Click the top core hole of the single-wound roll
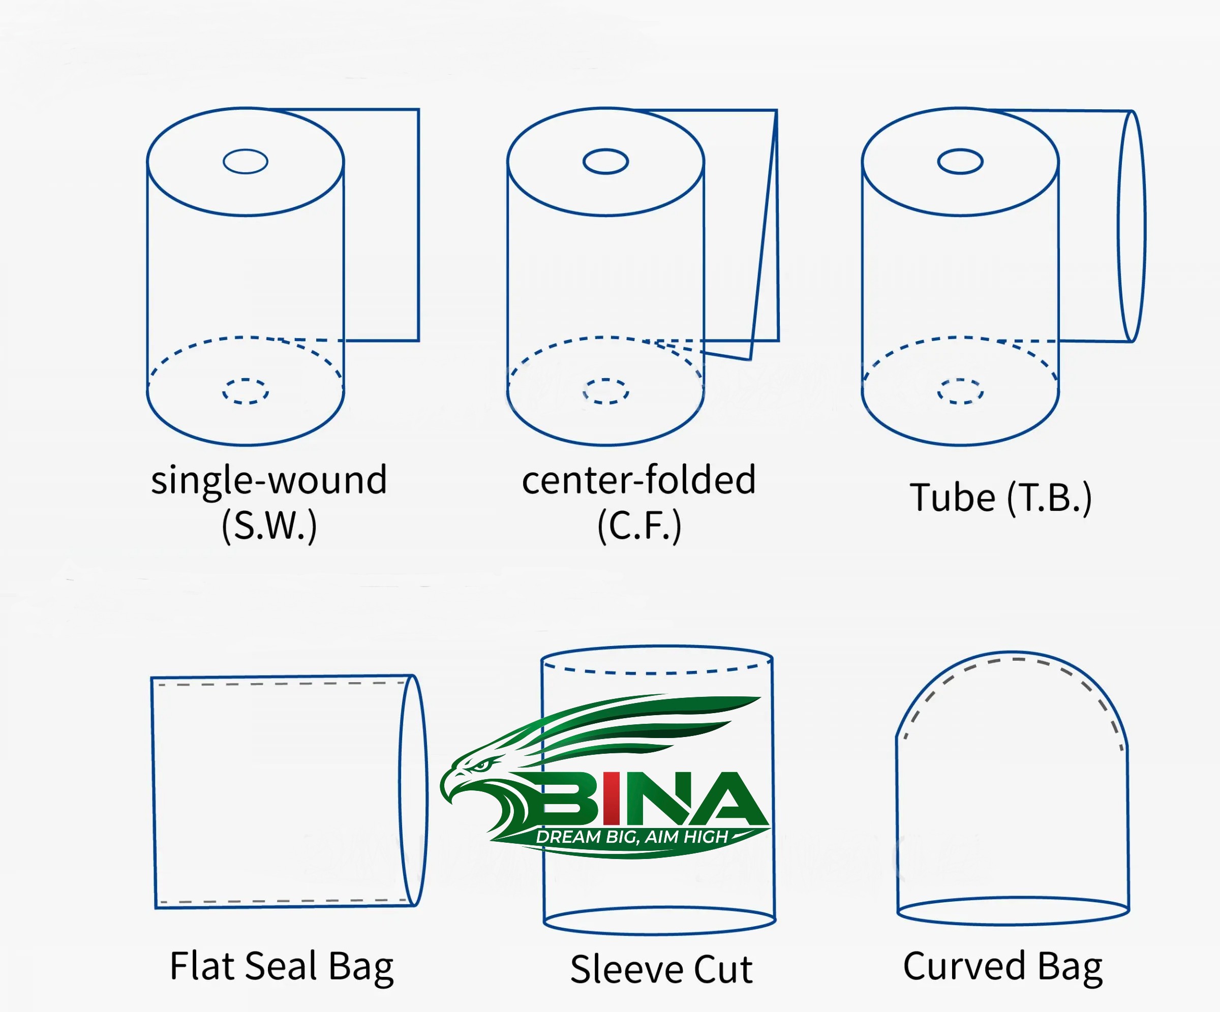(x=245, y=162)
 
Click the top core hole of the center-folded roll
(x=605, y=162)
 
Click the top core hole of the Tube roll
(x=960, y=162)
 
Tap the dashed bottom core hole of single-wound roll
(x=245, y=391)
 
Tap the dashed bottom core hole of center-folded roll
(x=606, y=391)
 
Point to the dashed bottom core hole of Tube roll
(x=960, y=391)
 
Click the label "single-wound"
(x=269, y=480)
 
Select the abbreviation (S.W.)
(x=269, y=526)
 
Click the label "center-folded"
(x=639, y=480)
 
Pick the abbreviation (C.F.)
(x=639, y=526)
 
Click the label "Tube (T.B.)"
(x=1000, y=498)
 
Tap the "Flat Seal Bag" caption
(x=282, y=966)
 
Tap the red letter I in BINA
(x=611, y=798)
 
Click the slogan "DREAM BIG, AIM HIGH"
(x=632, y=837)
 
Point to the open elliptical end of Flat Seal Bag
(x=414, y=790)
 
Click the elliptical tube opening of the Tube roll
(x=1132, y=226)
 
